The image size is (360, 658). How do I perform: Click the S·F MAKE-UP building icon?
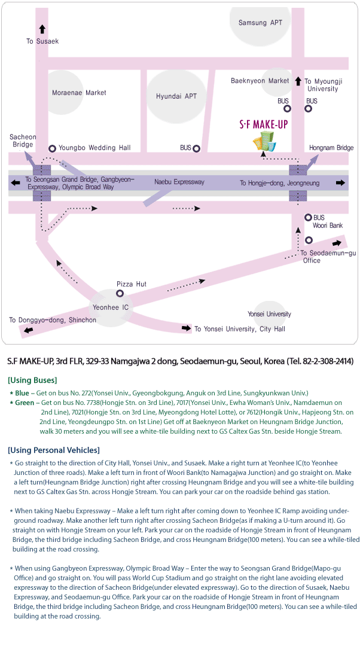(264, 141)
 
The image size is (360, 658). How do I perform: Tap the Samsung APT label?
(260, 23)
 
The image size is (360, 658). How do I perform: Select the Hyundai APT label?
(176, 96)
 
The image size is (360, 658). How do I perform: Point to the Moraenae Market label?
(79, 93)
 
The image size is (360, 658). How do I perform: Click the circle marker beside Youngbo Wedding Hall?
(53, 148)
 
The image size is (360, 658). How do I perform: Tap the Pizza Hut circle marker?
(120, 293)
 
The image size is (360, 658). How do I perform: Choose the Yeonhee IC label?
(111, 307)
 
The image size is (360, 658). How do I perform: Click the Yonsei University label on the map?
(269, 314)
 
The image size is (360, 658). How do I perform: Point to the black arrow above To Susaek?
(42, 29)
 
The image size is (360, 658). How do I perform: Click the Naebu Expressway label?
(179, 182)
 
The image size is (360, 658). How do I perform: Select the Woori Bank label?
(328, 226)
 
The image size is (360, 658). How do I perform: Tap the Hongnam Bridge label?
(331, 148)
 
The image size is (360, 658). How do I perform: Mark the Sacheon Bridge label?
(23, 141)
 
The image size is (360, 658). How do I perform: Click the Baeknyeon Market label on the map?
(260, 81)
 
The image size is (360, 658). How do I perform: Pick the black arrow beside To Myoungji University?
(298, 81)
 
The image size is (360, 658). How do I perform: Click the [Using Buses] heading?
(32, 380)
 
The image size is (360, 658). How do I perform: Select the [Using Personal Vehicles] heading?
(54, 450)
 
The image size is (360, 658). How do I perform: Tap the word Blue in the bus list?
(22, 393)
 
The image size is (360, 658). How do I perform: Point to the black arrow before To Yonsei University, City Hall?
(187, 328)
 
